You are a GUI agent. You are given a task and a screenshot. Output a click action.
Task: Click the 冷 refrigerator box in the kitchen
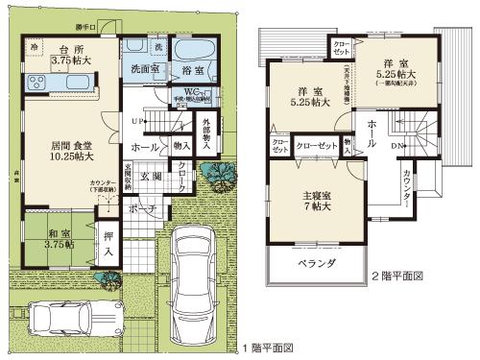(34, 46)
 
